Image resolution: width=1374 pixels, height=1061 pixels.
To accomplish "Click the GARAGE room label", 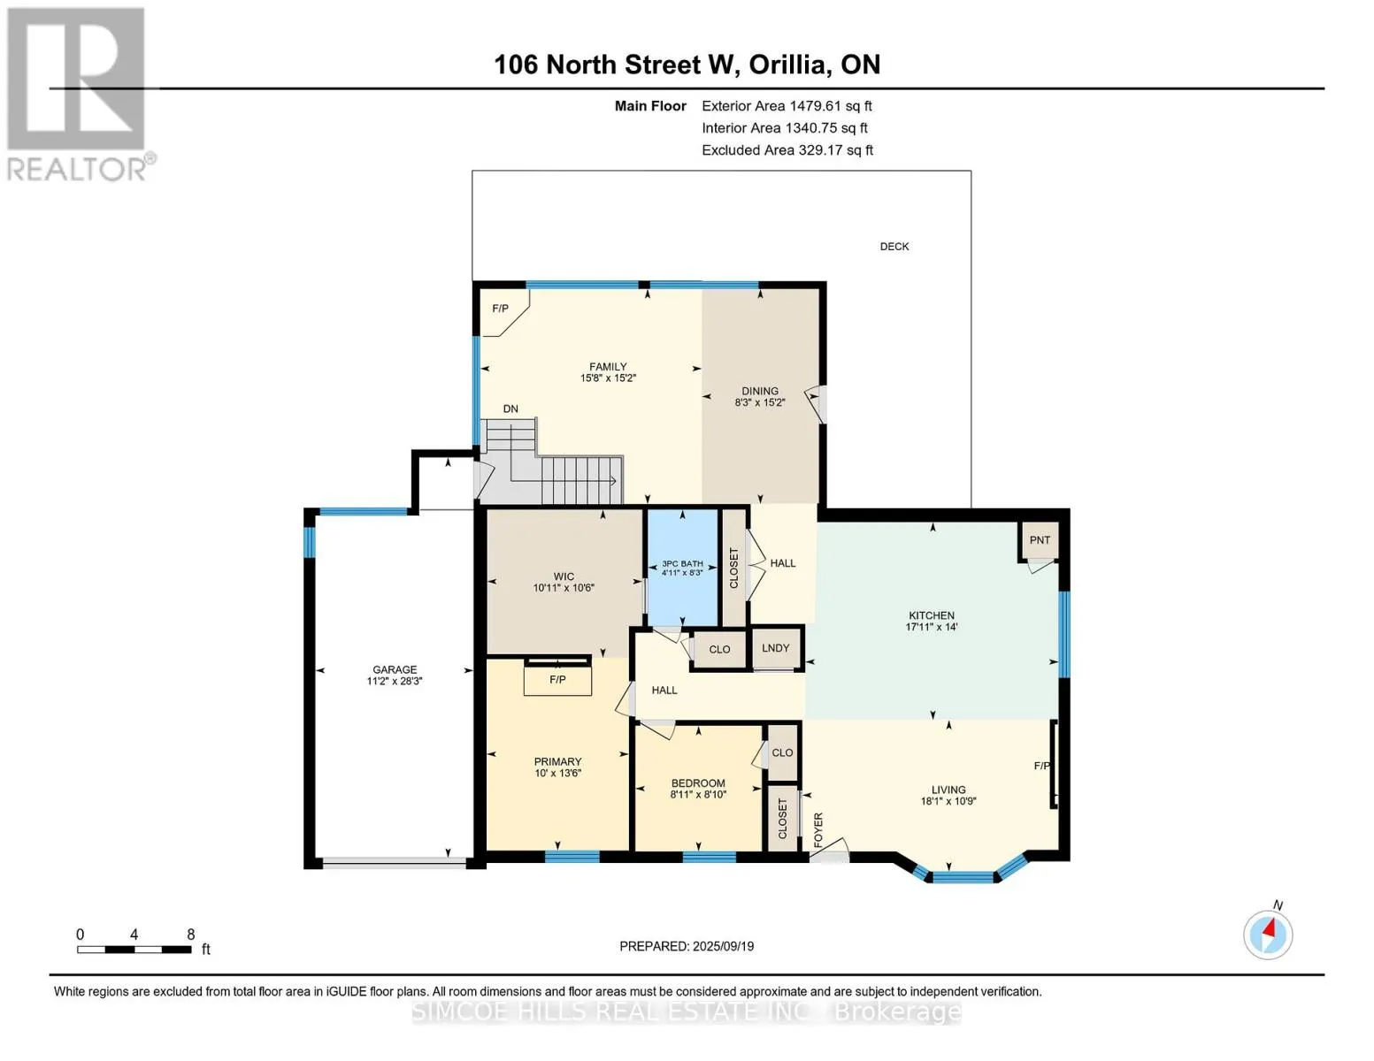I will pyautogui.click(x=394, y=669).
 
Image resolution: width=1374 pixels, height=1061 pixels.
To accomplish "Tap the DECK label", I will pyautogui.click(x=894, y=247).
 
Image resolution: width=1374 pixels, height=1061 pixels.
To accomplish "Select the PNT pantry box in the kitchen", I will pyautogui.click(x=1040, y=540).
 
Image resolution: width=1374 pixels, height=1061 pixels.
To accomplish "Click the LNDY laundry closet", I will pyautogui.click(x=775, y=648).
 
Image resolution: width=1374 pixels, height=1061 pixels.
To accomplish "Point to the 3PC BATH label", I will pyautogui.click(x=682, y=563).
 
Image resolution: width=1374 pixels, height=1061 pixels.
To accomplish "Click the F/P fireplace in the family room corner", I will pyautogui.click(x=501, y=309).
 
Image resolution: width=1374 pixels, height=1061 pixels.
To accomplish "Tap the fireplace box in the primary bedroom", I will pyautogui.click(x=557, y=679).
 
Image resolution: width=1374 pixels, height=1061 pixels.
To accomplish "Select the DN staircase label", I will pyautogui.click(x=510, y=408).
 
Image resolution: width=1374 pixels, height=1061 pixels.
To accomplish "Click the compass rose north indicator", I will pyautogui.click(x=1268, y=934).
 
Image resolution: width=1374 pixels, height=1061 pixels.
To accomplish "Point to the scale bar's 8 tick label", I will pyautogui.click(x=190, y=935).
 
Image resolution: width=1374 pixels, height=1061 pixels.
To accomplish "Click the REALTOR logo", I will pyautogui.click(x=77, y=94).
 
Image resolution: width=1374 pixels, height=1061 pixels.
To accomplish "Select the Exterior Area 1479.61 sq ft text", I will pyautogui.click(x=787, y=106).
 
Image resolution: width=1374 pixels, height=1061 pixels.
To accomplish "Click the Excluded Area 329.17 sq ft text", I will pyautogui.click(x=787, y=150).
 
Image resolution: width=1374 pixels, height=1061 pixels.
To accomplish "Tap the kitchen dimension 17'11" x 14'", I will pyautogui.click(x=931, y=627).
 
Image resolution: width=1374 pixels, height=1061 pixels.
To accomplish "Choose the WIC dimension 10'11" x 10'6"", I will pyautogui.click(x=564, y=588).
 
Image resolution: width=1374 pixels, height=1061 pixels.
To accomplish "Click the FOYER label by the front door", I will pyautogui.click(x=818, y=830).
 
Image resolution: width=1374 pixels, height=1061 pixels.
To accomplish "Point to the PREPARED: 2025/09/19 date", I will pyautogui.click(x=687, y=946).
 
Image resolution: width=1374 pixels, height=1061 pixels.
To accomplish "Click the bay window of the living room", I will pyautogui.click(x=963, y=876).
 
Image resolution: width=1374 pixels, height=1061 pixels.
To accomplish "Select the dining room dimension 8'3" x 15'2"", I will pyautogui.click(x=759, y=402).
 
